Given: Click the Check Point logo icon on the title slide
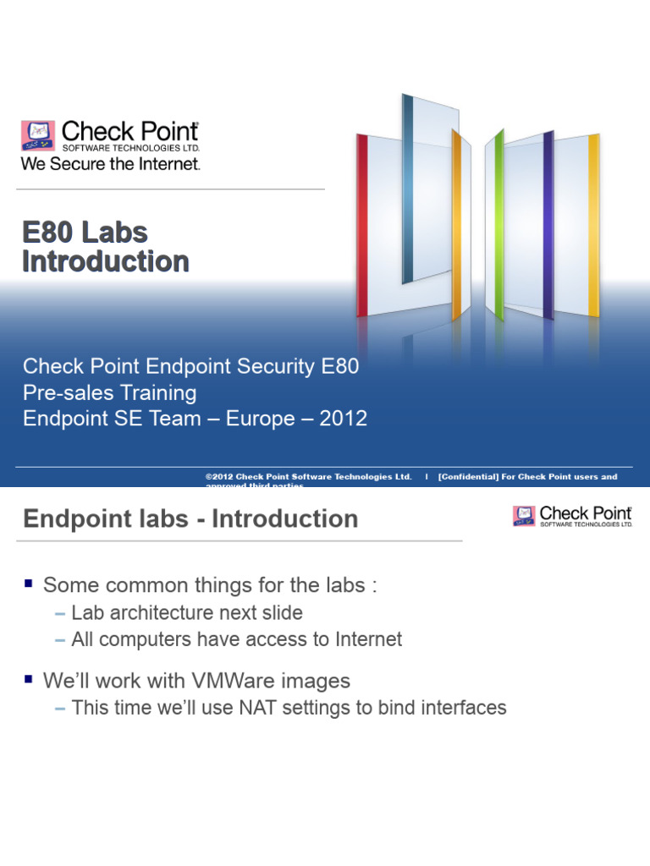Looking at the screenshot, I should point(38,135).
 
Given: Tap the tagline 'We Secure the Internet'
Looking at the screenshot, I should point(110,164).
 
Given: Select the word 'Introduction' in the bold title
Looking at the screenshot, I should point(106,261).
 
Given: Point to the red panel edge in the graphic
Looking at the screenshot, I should point(362,225).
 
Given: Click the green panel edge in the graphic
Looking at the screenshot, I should point(499,224).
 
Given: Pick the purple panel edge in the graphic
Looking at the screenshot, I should point(548,224).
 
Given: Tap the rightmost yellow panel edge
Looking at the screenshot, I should point(593,224).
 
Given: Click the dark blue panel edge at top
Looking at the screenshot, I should point(408,186).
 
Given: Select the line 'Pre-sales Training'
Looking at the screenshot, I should point(110,392).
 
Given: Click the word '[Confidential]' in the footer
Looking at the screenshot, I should point(471,477).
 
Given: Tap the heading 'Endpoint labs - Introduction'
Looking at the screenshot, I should point(190,518).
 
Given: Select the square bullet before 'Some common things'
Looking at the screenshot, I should point(30,584).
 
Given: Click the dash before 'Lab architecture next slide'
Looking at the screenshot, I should point(60,612).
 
